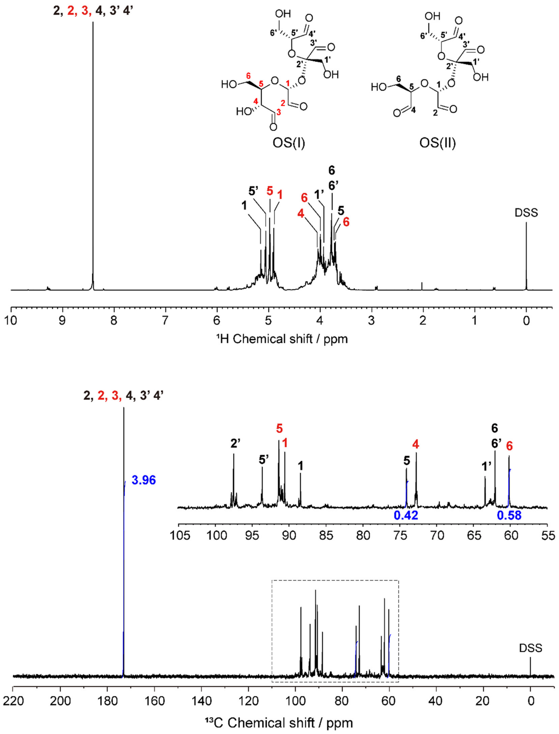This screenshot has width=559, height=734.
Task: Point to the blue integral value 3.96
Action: coord(144,480)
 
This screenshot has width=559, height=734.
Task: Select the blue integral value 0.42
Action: coord(406,515)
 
